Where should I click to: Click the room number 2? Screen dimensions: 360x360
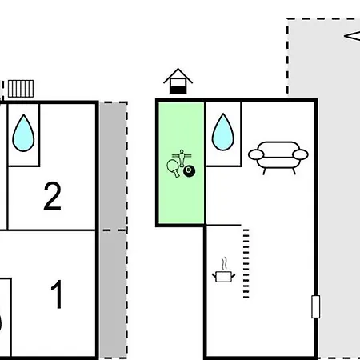(53, 196)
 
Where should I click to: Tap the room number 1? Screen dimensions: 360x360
(57, 294)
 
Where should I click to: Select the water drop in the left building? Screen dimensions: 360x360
(23, 133)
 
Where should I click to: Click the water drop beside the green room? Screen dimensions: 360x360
(223, 132)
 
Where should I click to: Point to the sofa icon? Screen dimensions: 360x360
(278, 158)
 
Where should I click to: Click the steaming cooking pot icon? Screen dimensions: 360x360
(224, 270)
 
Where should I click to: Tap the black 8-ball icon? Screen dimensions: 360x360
(189, 170)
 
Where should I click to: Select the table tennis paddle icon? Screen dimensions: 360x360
(173, 168)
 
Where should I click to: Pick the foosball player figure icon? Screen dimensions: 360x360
(182, 158)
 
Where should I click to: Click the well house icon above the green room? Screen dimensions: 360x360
(178, 82)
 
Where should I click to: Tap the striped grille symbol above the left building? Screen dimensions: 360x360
(21, 89)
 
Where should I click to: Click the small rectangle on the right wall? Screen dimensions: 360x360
(316, 306)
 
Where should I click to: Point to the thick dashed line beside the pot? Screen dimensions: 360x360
(246, 263)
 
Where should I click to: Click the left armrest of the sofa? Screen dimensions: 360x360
(256, 154)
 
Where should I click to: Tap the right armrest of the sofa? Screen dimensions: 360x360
(300, 154)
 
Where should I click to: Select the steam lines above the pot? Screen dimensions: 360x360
(225, 263)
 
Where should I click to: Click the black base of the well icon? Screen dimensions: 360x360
(178, 90)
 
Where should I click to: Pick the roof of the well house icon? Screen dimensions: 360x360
(178, 76)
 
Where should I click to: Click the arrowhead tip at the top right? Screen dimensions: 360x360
(344, 36)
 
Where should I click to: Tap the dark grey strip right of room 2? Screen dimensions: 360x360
(113, 166)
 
